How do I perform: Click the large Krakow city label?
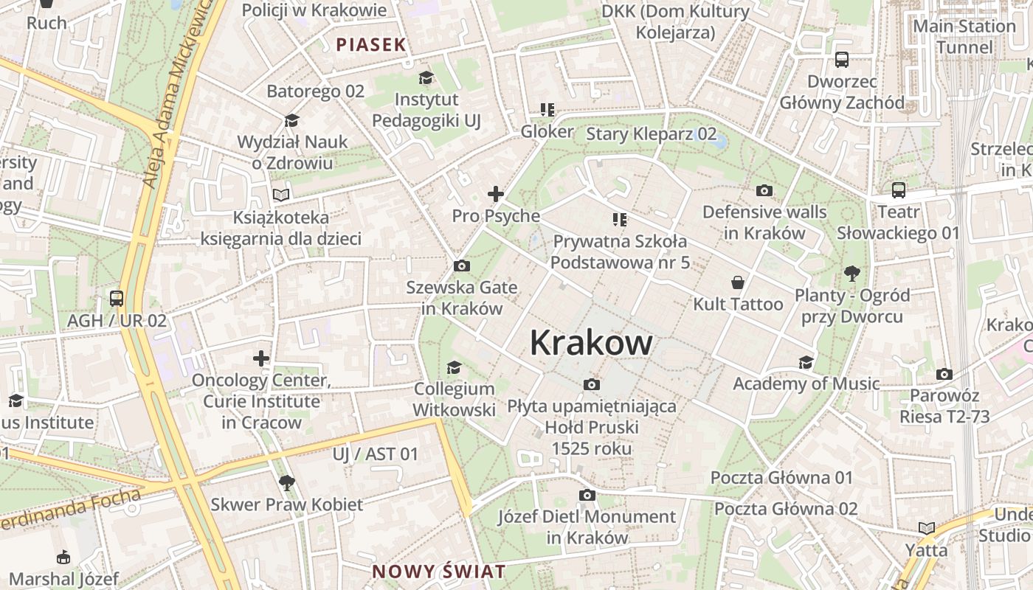pyautogui.click(x=591, y=343)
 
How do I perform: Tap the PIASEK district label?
pyautogui.click(x=371, y=44)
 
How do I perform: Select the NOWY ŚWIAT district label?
pyautogui.click(x=439, y=572)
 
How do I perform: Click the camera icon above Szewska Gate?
pyautogui.click(x=462, y=265)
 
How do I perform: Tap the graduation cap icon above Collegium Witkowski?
pyautogui.click(x=454, y=367)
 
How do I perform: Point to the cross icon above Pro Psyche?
pyautogui.click(x=496, y=194)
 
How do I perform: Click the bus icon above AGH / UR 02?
pyautogui.click(x=117, y=299)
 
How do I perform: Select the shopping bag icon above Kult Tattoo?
pyautogui.click(x=737, y=282)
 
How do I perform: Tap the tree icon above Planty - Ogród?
pyautogui.click(x=852, y=274)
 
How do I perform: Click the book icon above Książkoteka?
pyautogui.click(x=281, y=195)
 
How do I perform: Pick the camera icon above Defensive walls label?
pyautogui.click(x=764, y=190)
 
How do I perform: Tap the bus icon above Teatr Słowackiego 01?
pyautogui.click(x=898, y=190)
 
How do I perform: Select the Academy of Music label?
pyautogui.click(x=806, y=383)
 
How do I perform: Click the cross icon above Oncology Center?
pyautogui.click(x=261, y=359)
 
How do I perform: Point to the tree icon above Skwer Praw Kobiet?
pyautogui.click(x=287, y=483)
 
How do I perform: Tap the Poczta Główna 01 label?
pyautogui.click(x=781, y=477)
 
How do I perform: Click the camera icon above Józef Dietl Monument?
pyautogui.click(x=587, y=495)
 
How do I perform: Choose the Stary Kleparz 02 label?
pyautogui.click(x=651, y=133)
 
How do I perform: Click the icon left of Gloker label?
pyautogui.click(x=547, y=110)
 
